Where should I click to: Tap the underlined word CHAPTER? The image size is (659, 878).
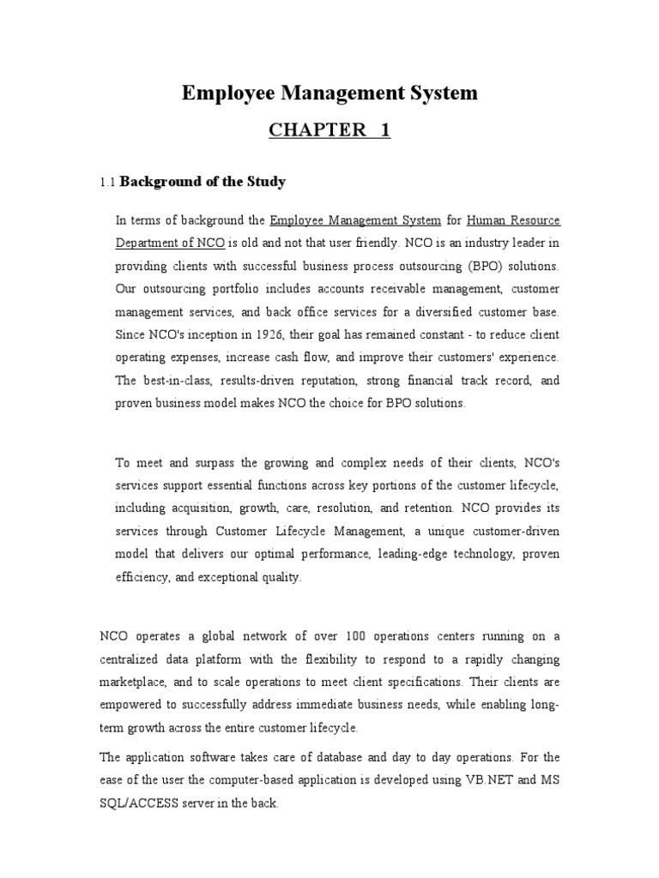[305, 130]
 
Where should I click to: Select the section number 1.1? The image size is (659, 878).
[107, 183]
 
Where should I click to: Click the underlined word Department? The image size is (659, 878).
[147, 244]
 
